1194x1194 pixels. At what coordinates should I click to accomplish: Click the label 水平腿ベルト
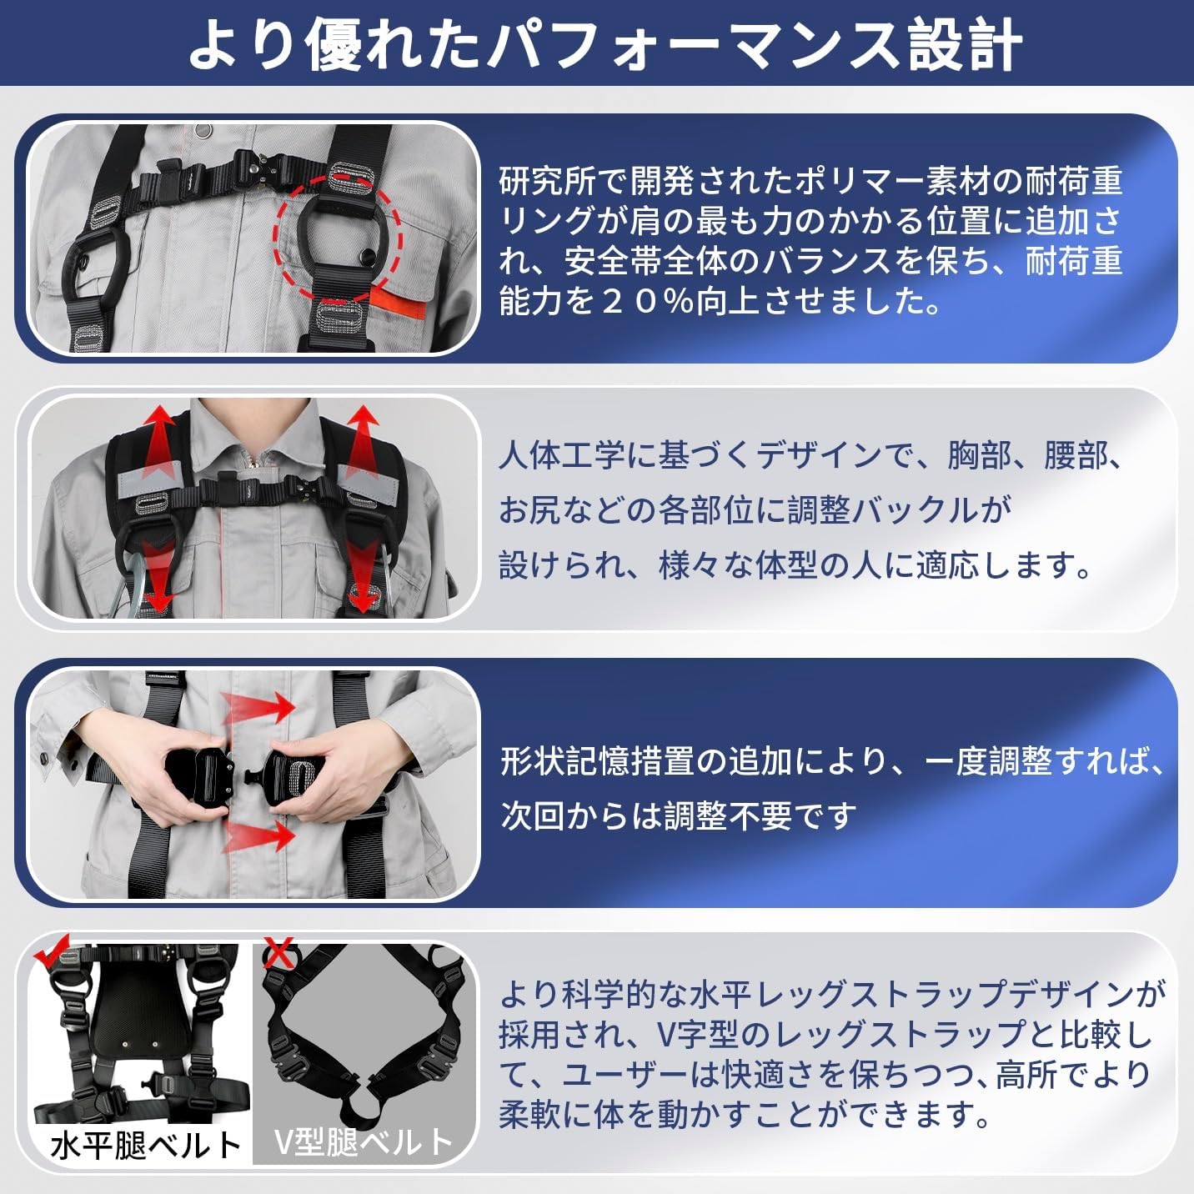(x=145, y=1144)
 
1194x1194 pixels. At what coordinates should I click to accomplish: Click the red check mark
(x=52, y=957)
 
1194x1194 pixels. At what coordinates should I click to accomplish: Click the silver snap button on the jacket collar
(x=202, y=130)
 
